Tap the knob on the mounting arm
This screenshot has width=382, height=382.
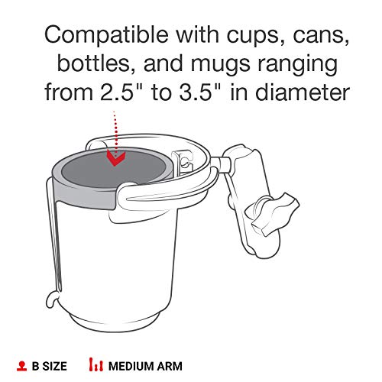(x=268, y=209)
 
